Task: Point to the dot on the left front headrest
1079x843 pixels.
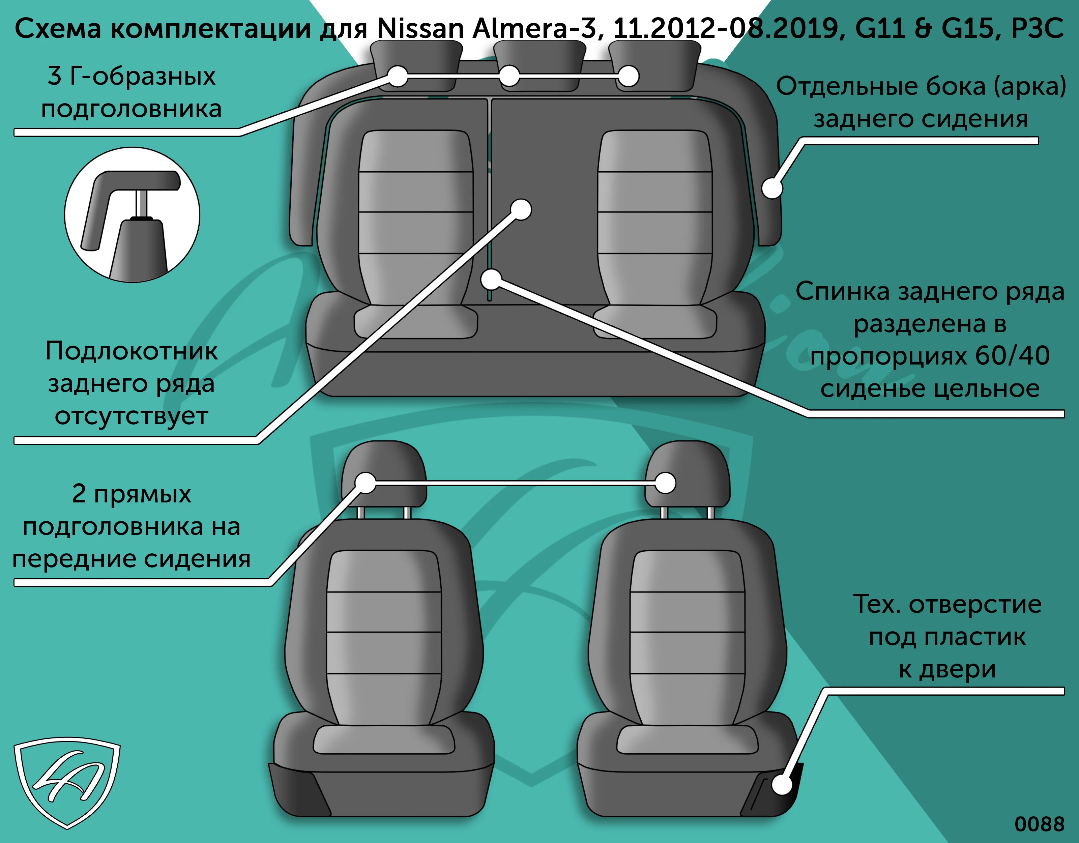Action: (x=366, y=483)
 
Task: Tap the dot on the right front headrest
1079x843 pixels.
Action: (x=666, y=483)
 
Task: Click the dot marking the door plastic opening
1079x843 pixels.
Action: (x=782, y=784)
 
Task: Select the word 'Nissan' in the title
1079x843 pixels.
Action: (x=420, y=29)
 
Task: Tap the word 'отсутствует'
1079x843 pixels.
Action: (x=132, y=416)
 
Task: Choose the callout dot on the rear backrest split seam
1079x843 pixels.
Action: (x=491, y=280)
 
